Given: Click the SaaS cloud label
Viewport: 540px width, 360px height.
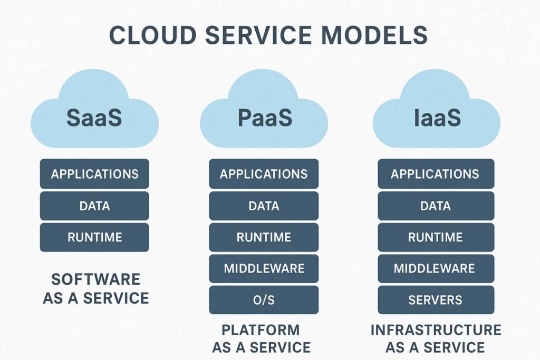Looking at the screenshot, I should tap(94, 118).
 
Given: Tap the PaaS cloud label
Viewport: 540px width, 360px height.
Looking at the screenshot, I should tap(264, 118).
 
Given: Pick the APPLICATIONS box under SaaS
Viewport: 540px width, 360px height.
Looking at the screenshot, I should tap(94, 174).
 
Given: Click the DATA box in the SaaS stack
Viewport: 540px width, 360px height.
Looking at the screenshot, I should tap(94, 206).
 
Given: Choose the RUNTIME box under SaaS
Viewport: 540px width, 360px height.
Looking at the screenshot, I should tap(94, 237).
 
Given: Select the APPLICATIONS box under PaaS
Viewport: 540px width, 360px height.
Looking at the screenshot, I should tap(264, 174).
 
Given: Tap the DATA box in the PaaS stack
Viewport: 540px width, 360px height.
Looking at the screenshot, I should tap(264, 206).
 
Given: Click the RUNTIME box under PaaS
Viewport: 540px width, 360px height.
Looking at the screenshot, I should tap(264, 237).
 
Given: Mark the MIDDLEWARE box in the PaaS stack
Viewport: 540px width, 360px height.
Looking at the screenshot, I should tap(264, 268).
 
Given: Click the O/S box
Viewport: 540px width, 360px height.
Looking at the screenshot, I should tap(264, 300).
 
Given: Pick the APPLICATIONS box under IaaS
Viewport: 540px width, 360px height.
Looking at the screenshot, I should tap(436, 174).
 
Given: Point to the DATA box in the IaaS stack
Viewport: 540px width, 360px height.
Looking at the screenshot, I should tap(436, 206).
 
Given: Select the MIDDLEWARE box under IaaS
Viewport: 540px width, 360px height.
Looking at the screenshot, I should tap(436, 268).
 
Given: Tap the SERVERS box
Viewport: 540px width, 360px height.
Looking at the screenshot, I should tap(436, 300).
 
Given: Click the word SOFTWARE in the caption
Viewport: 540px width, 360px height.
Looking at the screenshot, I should tap(95, 279).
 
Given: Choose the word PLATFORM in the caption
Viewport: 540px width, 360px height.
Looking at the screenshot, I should tap(261, 330).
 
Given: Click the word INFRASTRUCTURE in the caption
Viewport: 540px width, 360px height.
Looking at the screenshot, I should tap(436, 330).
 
